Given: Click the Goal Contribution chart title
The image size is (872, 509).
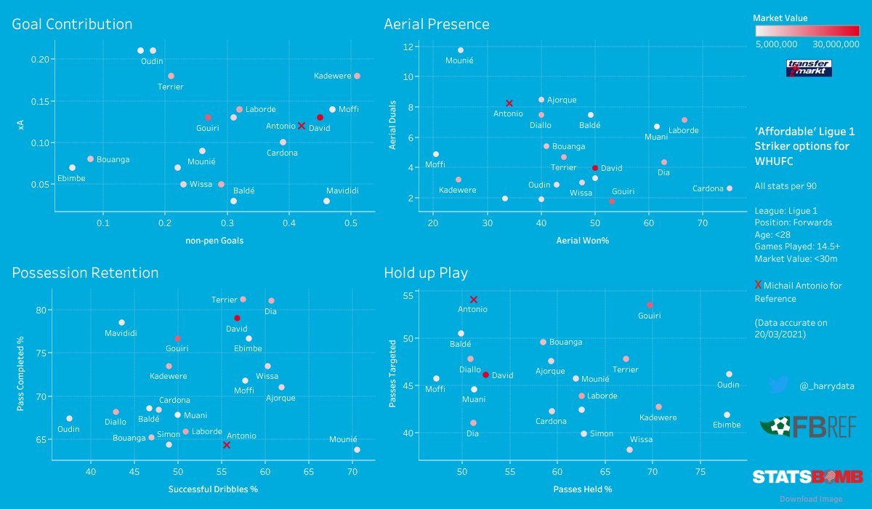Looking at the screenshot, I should pyautogui.click(x=72, y=24).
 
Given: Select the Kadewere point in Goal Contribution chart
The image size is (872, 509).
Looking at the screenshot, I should pyautogui.click(x=357, y=76).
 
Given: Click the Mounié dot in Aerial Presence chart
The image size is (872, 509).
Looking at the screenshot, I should pyautogui.click(x=460, y=50).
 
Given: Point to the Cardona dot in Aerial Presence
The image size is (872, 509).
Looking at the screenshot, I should pyautogui.click(x=729, y=188).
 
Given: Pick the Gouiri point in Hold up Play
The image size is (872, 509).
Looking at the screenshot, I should pyautogui.click(x=650, y=305).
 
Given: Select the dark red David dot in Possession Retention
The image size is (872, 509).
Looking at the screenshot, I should pyautogui.click(x=237, y=318).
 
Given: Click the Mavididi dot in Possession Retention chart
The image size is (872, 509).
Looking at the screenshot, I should pyautogui.click(x=121, y=322).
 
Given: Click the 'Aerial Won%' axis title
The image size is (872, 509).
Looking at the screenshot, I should pyautogui.click(x=582, y=240).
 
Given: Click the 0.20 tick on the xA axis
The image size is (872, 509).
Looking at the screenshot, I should pyautogui.click(x=41, y=59).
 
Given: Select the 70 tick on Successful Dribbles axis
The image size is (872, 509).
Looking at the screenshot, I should pyautogui.click(x=352, y=473).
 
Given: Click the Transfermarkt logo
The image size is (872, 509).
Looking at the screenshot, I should pyautogui.click(x=809, y=68).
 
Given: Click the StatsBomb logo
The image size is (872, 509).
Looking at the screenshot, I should pyautogui.click(x=807, y=477).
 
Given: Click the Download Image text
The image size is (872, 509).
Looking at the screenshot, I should pyautogui.click(x=811, y=499).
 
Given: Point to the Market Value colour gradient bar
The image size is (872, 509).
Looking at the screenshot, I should pyautogui.click(x=807, y=31).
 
